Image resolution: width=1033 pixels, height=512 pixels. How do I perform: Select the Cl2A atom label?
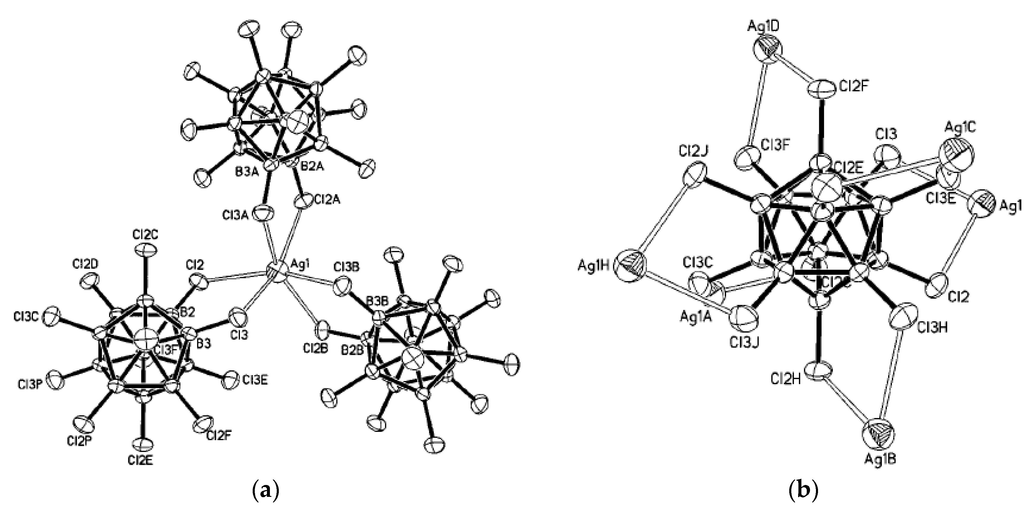click(326, 199)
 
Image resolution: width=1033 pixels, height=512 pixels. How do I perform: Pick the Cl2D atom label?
click(86, 264)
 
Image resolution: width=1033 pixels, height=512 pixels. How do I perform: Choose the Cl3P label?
click(30, 385)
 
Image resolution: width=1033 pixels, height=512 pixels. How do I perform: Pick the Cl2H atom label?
click(786, 378)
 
